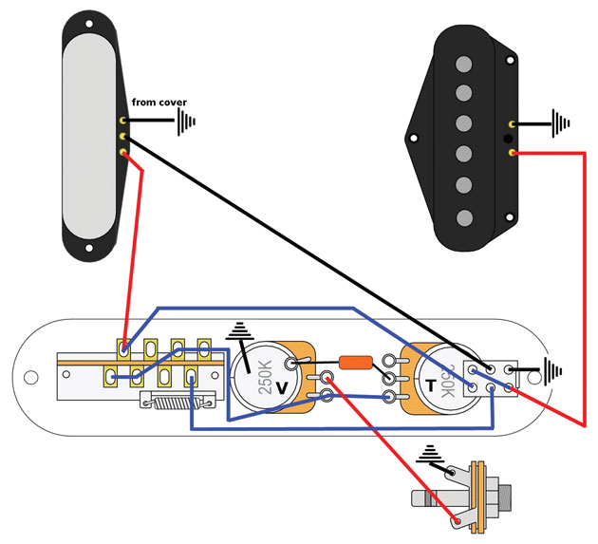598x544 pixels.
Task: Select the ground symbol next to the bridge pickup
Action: [x=562, y=122]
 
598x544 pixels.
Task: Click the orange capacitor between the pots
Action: [x=355, y=362]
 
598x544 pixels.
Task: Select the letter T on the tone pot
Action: [x=431, y=386]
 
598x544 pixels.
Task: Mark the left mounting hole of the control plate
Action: [x=30, y=377]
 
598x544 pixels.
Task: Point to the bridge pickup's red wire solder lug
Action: [x=513, y=153]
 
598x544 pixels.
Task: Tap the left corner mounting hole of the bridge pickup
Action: [x=414, y=139]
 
